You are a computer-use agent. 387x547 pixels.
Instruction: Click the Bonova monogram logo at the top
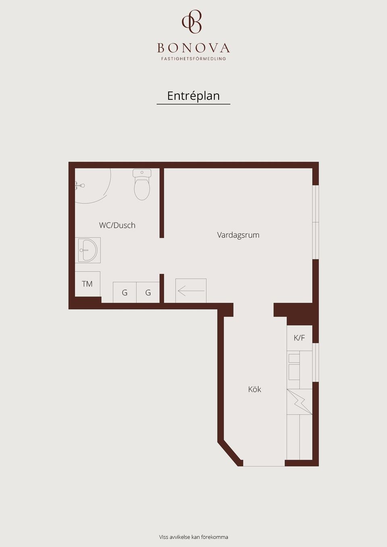pos(192,22)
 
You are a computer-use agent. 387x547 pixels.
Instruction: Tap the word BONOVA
pos(193,48)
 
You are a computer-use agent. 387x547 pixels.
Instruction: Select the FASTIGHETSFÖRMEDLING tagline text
pos(193,59)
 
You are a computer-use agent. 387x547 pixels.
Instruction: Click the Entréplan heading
pos(193,96)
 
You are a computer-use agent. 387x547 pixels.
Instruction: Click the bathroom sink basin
pos(88,250)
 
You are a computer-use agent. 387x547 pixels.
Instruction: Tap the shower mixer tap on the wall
pos(79,186)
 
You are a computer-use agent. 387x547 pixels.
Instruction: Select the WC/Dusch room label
pos(117,225)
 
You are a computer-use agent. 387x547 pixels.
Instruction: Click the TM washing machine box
pos(87,284)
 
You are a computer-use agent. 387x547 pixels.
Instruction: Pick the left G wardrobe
pos(125,292)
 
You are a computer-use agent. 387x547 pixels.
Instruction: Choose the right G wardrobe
pos(148,292)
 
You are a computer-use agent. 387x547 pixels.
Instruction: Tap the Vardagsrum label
pos(238,235)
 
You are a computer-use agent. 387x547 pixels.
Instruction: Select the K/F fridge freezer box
pos(300,338)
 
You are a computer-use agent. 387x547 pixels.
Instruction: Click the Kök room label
pos(255,390)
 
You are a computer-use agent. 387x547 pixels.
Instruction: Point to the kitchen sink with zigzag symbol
pos(300,402)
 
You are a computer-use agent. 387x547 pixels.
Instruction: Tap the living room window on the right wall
pos(316,222)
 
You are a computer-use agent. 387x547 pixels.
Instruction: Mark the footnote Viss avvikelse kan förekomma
pos(193,537)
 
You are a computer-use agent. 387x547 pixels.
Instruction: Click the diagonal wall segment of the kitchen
pos(230,454)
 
